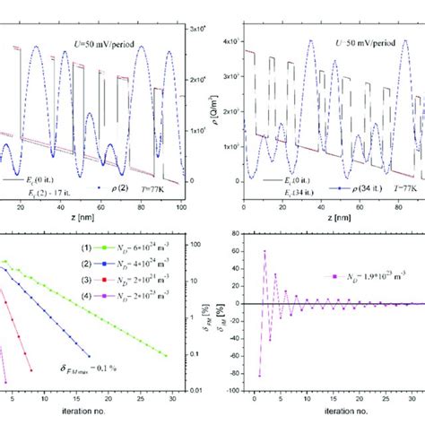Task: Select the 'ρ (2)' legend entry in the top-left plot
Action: coord(106,191)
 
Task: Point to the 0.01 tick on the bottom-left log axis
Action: coord(195,392)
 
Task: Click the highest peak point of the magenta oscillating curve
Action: coord(265,250)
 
